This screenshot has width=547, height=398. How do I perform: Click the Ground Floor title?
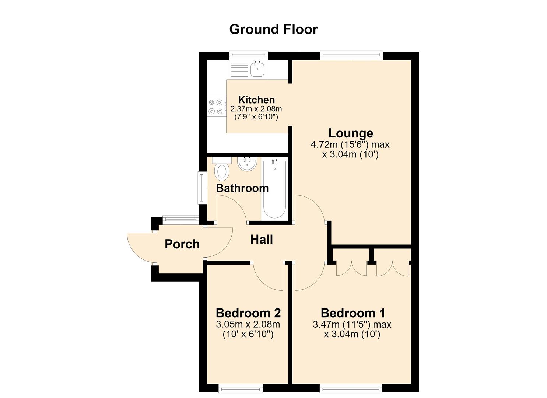point(273,29)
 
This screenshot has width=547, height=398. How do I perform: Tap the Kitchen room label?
point(256,99)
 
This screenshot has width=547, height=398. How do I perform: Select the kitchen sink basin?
point(257,69)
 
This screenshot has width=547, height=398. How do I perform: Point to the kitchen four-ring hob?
point(216,107)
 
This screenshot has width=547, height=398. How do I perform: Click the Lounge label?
point(351,133)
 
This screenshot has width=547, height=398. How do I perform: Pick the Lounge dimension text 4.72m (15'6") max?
point(350,144)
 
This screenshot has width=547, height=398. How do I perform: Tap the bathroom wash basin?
point(247,164)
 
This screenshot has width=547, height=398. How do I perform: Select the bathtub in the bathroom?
point(275,189)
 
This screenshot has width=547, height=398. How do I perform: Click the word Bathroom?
point(242,188)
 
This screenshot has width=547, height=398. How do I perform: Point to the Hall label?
point(262,240)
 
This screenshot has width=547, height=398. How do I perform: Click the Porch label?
point(182,244)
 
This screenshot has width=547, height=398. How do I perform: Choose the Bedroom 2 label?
point(248,313)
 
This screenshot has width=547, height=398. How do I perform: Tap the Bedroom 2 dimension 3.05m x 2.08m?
point(248,324)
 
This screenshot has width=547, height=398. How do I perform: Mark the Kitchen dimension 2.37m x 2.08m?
point(256,108)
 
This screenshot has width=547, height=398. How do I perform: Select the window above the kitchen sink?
point(249,55)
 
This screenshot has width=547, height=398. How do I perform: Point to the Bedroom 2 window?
point(241,388)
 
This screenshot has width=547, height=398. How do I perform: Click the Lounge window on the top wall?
point(351,55)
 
